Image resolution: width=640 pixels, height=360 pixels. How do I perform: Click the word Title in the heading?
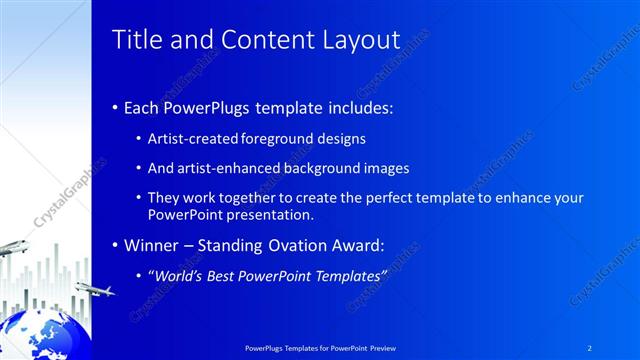click(134, 40)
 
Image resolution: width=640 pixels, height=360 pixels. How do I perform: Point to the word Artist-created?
click(192, 139)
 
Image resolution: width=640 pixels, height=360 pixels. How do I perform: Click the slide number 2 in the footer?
click(589, 347)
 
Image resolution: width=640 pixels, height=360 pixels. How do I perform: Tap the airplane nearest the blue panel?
click(96, 290)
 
